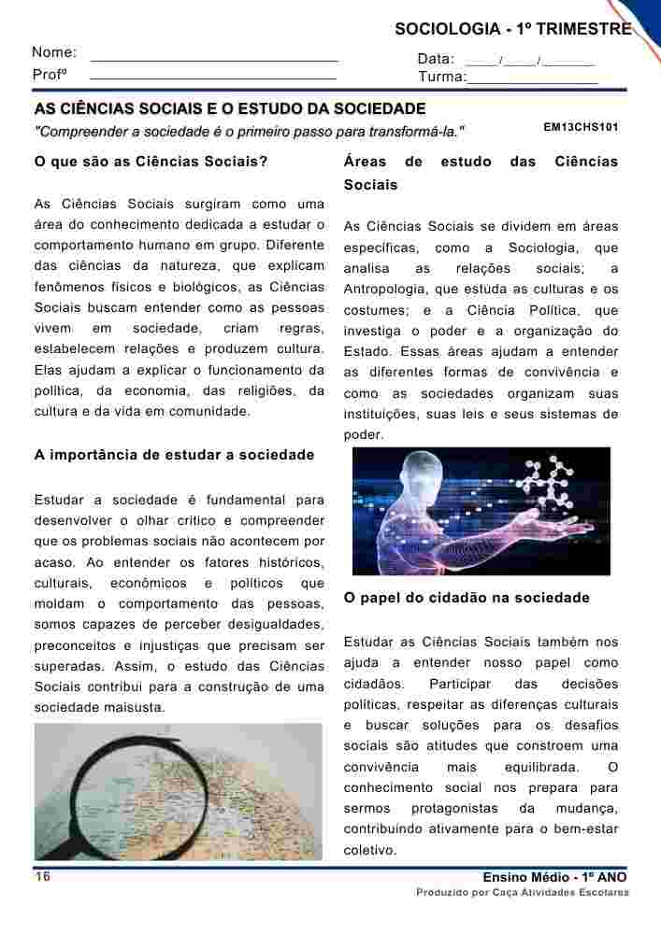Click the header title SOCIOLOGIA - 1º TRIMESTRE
pos(513,30)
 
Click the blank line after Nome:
pos(214,60)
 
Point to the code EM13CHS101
pos(581,126)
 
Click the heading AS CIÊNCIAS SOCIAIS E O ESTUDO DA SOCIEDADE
pos(230,109)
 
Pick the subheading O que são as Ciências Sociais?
pos(151,162)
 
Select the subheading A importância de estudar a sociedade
pos(174,455)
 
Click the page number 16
pos(43,876)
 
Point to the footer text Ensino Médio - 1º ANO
pos(555,877)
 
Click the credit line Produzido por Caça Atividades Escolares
pos(523,893)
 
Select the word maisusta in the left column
pos(137,707)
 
